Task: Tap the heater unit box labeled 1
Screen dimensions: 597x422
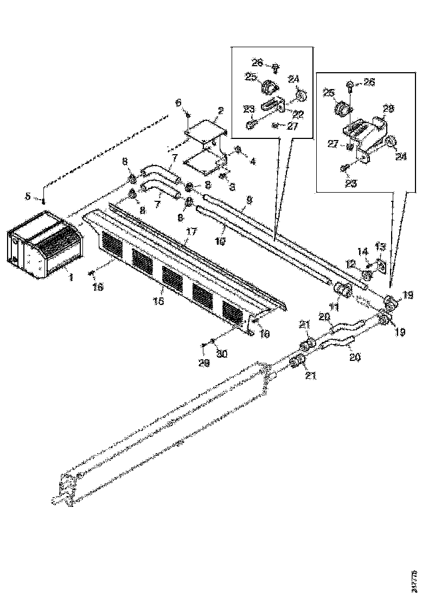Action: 43,244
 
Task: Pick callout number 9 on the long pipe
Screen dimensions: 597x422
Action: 250,200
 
